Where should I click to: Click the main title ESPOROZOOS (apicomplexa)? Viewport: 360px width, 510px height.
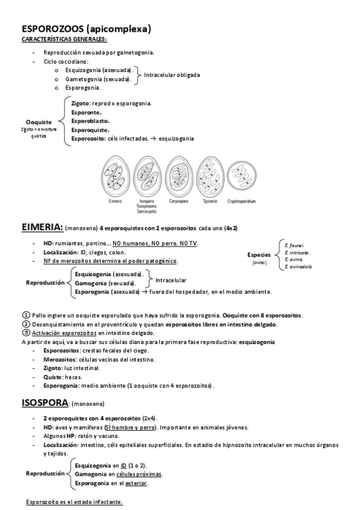[86, 28]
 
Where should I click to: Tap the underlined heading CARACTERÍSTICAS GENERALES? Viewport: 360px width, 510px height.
[64, 39]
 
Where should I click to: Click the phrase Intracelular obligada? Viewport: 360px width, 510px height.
[172, 75]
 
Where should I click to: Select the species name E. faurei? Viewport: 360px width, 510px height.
[294, 245]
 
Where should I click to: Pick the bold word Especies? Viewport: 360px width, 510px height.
[259, 255]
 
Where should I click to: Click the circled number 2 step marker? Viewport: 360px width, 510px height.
[25, 324]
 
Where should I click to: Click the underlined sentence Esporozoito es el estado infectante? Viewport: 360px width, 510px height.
[75, 502]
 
